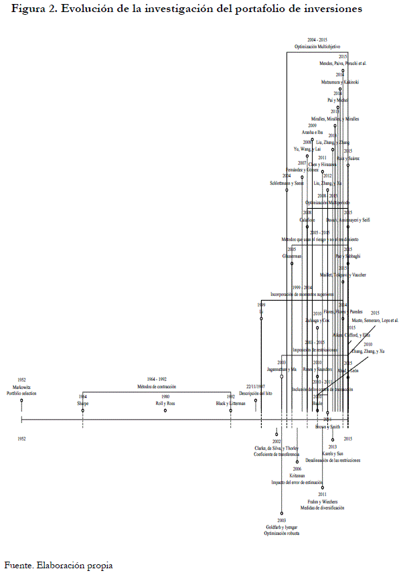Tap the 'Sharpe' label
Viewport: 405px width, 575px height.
click(x=83, y=404)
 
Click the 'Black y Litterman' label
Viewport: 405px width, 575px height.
click(x=230, y=404)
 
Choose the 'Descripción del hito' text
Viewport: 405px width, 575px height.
click(x=254, y=393)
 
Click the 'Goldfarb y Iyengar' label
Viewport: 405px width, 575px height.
click(x=282, y=527)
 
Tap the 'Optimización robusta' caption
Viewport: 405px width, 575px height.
click(x=282, y=534)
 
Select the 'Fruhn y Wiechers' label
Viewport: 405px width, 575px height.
click(x=322, y=501)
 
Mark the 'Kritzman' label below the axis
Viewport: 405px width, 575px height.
click(x=298, y=475)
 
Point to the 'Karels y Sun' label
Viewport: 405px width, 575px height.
click(x=333, y=454)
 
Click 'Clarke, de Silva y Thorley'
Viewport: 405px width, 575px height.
click(x=276, y=448)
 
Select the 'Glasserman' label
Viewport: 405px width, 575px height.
click(x=293, y=256)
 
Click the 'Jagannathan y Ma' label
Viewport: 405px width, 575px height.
click(x=282, y=369)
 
